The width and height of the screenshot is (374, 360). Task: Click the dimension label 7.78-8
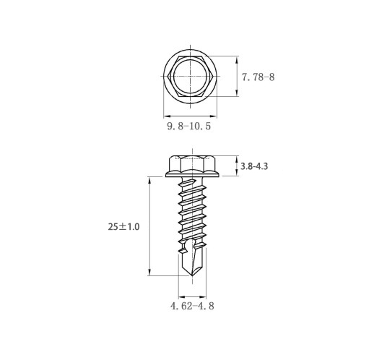(x=258, y=77)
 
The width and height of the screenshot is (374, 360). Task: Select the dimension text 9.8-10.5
(x=189, y=127)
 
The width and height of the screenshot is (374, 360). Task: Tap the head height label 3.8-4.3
(x=254, y=166)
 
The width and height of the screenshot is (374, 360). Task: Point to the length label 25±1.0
(x=123, y=227)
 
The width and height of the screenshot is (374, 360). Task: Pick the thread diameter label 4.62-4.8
(x=192, y=306)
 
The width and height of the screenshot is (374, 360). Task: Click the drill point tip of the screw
(x=192, y=276)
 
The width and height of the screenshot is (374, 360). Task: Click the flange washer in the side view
(x=192, y=174)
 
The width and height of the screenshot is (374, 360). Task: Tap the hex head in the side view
(x=192, y=163)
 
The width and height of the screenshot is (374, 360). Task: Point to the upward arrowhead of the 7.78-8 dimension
(x=237, y=59)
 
